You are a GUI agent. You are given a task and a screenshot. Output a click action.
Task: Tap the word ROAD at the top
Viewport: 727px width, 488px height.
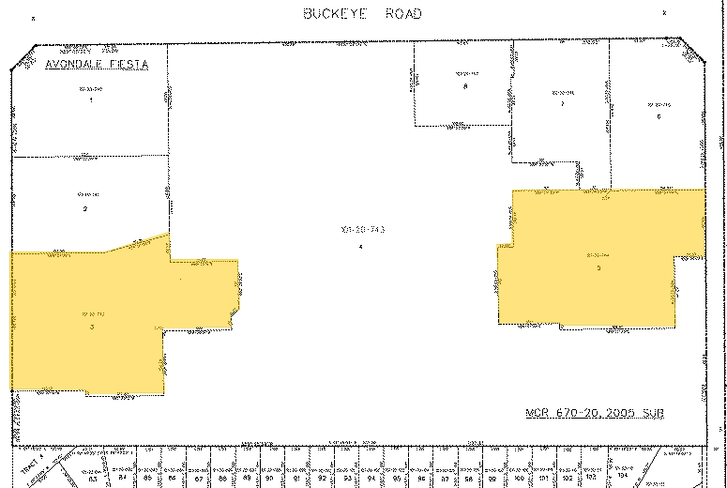(401, 14)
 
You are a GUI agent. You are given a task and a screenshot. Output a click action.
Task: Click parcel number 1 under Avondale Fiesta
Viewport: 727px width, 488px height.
(91, 99)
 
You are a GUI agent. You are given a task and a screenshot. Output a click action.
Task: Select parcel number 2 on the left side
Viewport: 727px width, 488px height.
(84, 207)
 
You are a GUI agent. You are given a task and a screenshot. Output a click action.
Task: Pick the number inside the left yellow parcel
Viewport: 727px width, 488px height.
(92, 326)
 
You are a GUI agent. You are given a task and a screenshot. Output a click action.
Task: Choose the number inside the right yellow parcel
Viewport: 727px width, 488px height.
(598, 267)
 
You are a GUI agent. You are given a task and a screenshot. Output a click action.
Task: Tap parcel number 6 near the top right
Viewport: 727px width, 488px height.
(659, 116)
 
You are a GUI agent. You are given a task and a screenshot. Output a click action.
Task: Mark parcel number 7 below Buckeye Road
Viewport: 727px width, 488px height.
(562, 103)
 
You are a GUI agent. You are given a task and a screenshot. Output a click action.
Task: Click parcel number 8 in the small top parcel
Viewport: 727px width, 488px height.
(465, 86)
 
